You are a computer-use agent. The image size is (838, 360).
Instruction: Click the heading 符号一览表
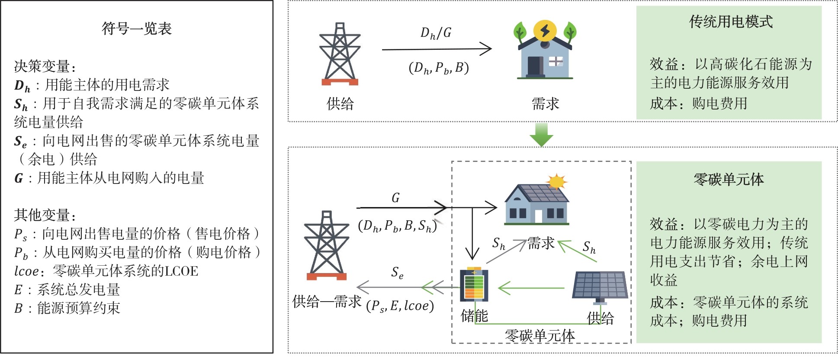coord(137,29)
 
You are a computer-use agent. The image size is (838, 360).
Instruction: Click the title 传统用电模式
coord(731,22)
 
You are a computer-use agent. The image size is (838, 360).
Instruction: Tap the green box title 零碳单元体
coord(729,179)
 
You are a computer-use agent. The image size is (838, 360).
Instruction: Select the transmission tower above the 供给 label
coord(340,54)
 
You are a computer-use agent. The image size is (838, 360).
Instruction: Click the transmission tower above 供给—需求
coord(327,246)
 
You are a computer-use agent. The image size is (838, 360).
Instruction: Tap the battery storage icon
coord(474,284)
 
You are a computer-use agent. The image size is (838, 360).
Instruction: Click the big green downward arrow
coord(541,135)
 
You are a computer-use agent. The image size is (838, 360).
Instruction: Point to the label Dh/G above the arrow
coord(436,33)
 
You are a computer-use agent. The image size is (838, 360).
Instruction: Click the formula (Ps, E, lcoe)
coord(400,306)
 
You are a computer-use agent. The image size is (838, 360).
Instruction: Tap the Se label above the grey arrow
coord(397,272)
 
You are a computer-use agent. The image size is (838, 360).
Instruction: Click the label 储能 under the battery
coord(474,316)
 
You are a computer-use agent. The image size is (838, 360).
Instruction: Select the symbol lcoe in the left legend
coord(26,271)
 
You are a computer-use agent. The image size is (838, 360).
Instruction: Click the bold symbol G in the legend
coord(19,178)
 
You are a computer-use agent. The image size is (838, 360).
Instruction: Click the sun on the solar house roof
coord(556,182)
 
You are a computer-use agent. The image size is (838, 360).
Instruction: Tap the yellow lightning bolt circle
coord(545,31)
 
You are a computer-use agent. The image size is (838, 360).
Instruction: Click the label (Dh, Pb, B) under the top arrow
coord(438,68)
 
